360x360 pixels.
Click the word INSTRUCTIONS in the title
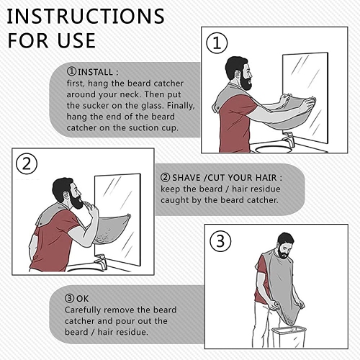coord(86,16)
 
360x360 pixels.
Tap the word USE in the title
coord(76,40)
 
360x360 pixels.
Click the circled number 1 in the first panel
coord(217,43)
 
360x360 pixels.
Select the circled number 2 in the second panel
coord(27,164)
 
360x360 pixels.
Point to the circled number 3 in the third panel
coord(220,241)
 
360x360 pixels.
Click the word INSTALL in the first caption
coord(95,72)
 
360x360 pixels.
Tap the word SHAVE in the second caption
coord(186,178)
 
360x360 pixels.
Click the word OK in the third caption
coord(82,299)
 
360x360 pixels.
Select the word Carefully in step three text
coord(83,310)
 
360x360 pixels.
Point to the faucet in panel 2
coord(101,261)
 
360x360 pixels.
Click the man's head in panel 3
coord(285,246)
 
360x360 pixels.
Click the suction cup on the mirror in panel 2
coord(129,216)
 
